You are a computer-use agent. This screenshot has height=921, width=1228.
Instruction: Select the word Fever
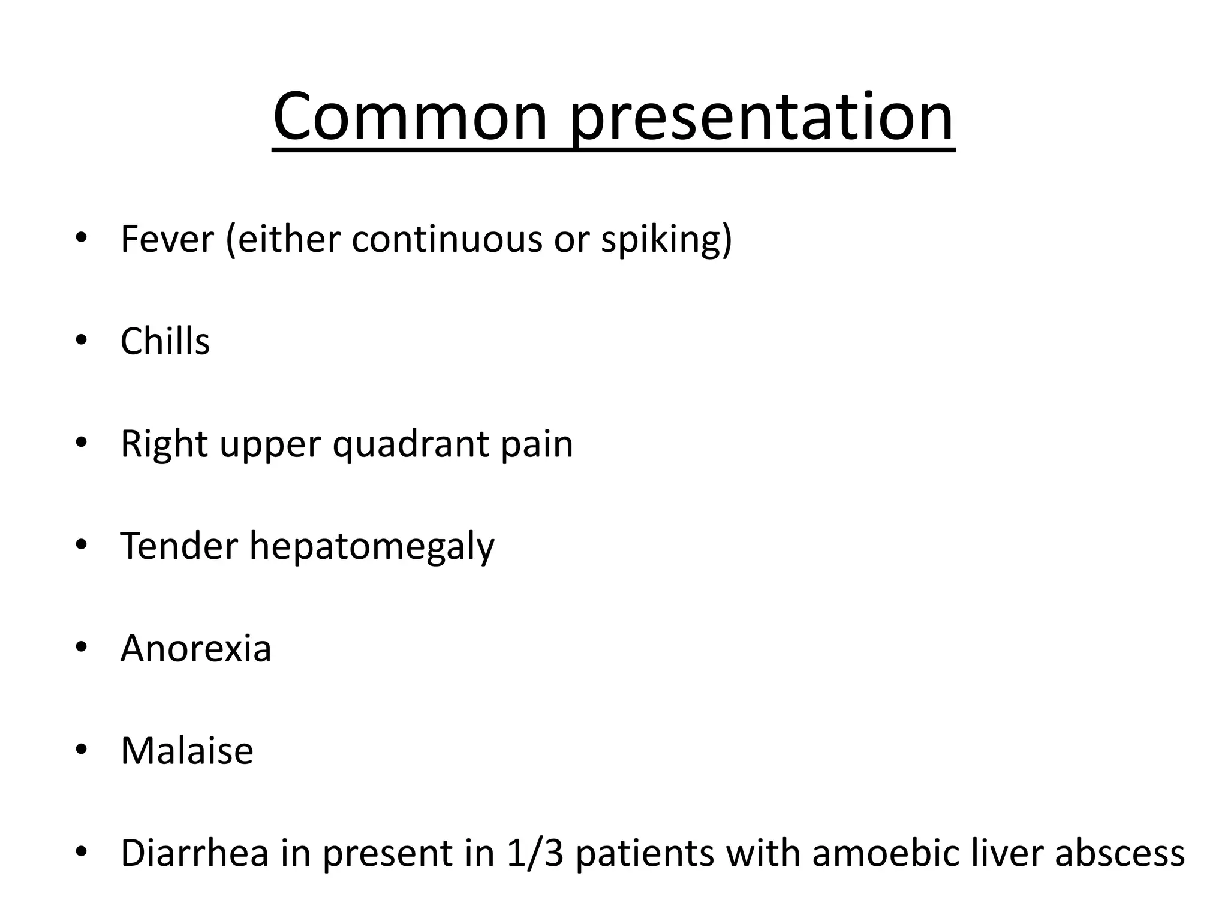(167, 239)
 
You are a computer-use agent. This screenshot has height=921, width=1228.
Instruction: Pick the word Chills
(165, 342)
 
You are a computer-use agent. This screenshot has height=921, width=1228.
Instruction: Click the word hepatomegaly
(372, 547)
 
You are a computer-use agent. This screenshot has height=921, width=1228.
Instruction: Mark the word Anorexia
(195, 649)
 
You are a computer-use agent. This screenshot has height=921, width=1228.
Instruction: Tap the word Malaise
(187, 751)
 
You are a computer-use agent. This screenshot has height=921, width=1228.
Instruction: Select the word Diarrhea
(194, 853)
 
